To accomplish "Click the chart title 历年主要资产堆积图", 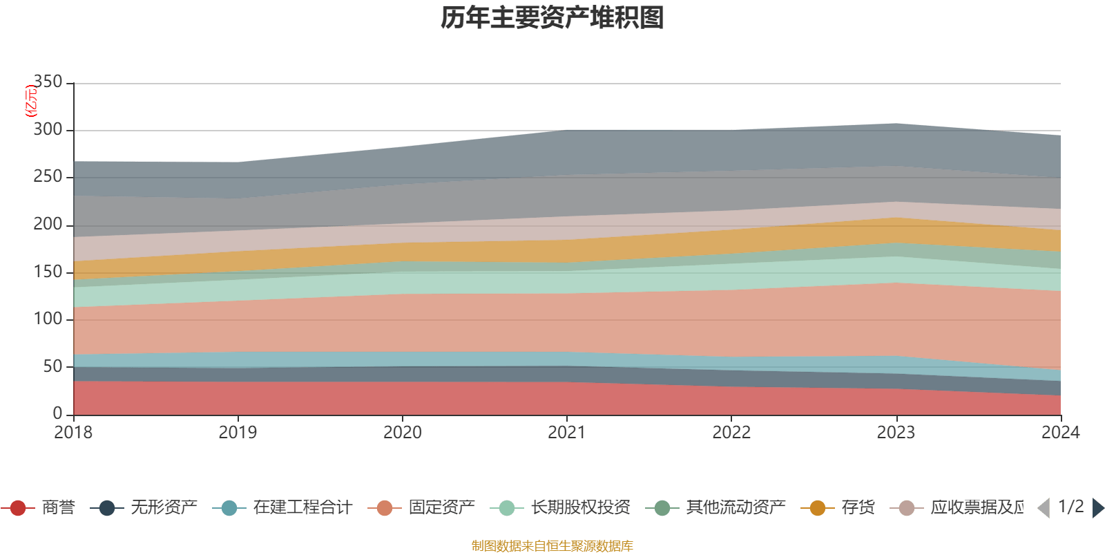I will coord(552,18).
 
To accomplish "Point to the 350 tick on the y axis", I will coord(48,82).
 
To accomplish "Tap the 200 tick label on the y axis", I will coord(48,225).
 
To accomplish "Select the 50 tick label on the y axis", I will coord(52,366).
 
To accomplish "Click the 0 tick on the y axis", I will coord(58,413).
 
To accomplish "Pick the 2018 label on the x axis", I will coord(73,433).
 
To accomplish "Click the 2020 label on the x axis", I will coord(402,433).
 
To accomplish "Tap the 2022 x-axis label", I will coord(731,433).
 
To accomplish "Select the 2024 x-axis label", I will coord(1060,433).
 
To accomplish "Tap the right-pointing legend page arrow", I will coord(1097,508).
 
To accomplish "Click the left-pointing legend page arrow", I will coord(1044,508).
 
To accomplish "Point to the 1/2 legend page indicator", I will coord(1070,507).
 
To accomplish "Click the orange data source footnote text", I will coord(552,546).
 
